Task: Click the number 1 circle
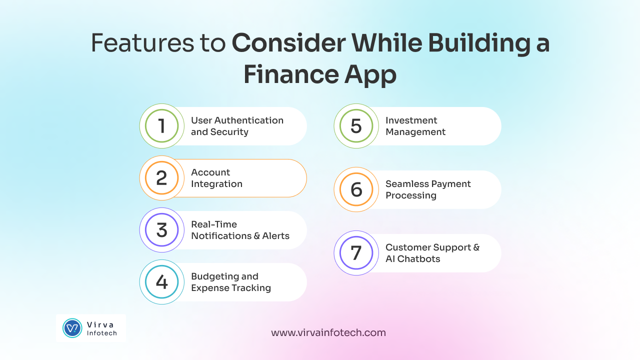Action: (x=161, y=126)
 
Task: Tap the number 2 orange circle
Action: (x=161, y=178)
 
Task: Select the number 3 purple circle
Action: (x=161, y=230)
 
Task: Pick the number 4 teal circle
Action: (x=161, y=282)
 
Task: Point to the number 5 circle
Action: (x=356, y=126)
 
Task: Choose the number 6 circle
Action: (x=356, y=189)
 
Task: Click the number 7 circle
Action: (x=356, y=253)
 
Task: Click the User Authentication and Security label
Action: (x=237, y=126)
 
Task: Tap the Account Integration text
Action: (x=216, y=178)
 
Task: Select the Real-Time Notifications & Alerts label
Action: (x=240, y=230)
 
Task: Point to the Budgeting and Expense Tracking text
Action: (x=231, y=282)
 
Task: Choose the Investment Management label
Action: (x=415, y=126)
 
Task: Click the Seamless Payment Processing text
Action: (x=428, y=189)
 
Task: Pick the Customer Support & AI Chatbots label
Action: (x=432, y=253)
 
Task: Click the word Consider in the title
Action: (x=288, y=44)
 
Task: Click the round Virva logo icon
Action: (x=72, y=328)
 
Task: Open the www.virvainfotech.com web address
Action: (x=328, y=332)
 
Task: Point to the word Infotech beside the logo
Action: (x=101, y=333)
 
